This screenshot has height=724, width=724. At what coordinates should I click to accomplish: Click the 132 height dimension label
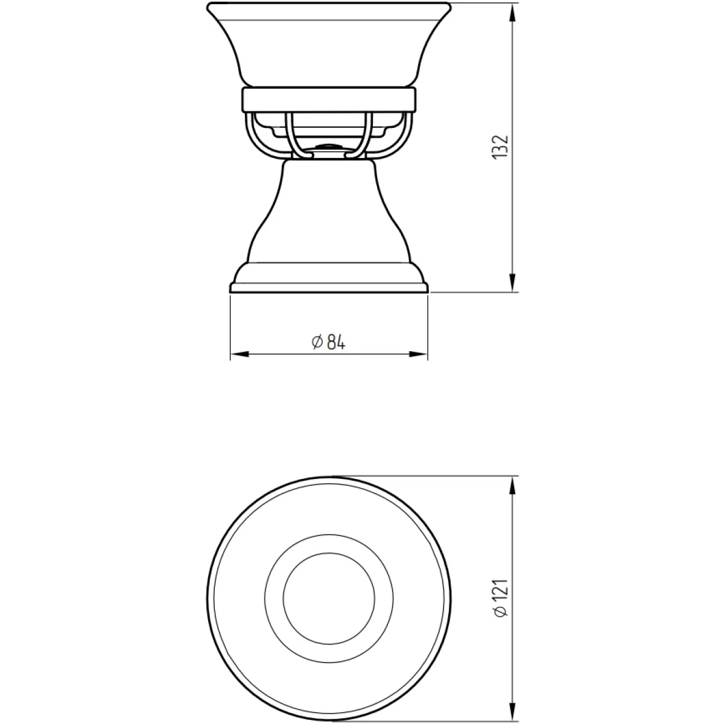coord(500,147)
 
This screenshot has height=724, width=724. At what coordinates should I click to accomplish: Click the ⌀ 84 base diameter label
coord(328,342)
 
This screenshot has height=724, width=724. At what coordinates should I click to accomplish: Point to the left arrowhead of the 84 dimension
coord(240,354)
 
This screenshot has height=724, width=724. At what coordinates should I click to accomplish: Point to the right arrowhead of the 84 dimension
coord(418,354)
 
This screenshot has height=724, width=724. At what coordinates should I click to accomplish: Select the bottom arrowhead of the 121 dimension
coord(512,710)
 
